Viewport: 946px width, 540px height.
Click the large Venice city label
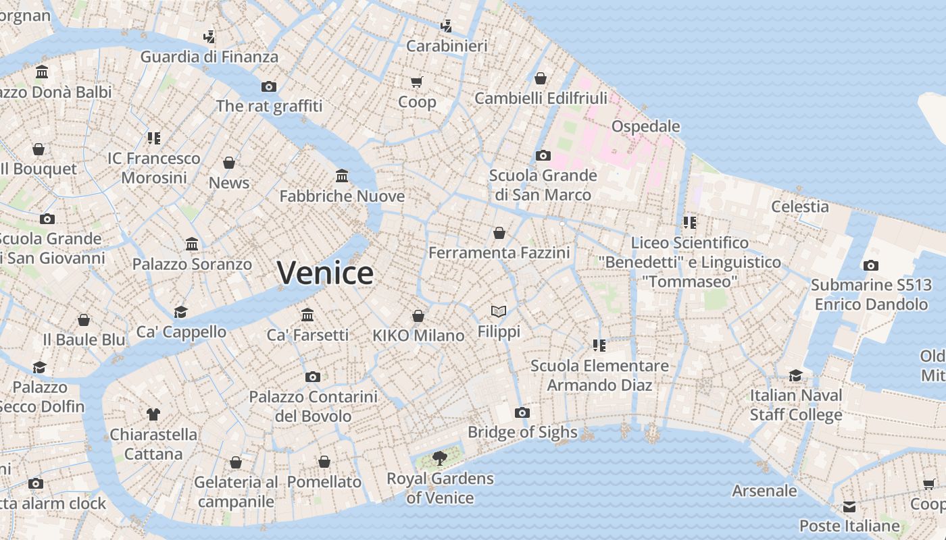[x=325, y=273]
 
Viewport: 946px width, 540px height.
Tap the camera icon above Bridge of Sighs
[x=522, y=412]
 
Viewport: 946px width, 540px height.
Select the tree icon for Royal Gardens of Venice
[x=440, y=458]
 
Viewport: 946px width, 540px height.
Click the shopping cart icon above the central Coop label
[x=416, y=82]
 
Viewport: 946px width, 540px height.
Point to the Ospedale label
[x=645, y=126]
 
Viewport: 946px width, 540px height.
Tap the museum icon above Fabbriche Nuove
[x=342, y=176]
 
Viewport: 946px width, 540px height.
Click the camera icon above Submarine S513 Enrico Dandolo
[x=871, y=265]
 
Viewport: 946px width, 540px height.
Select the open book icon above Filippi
[x=499, y=311]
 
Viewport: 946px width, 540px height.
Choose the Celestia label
[x=800, y=207]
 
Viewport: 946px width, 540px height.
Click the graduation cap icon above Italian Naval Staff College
[x=796, y=375]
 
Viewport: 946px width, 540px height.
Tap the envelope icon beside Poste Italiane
[x=849, y=507]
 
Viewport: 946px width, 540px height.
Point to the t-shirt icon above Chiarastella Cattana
[x=153, y=414]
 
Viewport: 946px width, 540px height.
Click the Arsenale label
[x=765, y=491]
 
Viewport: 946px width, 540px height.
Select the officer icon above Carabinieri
[x=446, y=26]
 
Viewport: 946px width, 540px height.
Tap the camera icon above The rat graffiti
[x=269, y=86]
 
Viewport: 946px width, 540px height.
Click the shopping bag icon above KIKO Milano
[x=418, y=316]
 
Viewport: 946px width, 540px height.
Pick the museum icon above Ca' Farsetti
[x=307, y=315]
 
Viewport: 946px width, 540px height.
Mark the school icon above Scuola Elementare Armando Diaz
[x=599, y=346]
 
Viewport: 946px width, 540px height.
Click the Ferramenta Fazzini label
[x=499, y=253]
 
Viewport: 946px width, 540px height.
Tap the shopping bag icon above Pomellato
[x=324, y=462]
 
